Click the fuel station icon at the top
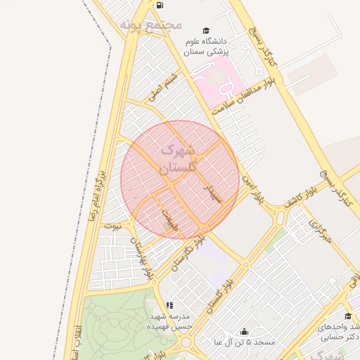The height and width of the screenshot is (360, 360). (x=160, y=5)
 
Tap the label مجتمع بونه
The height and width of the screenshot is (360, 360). (x=151, y=25)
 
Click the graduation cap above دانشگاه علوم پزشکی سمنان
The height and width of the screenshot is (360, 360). (x=206, y=31)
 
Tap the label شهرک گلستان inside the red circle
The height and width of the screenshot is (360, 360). (x=176, y=159)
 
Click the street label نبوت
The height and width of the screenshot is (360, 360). (x=112, y=226)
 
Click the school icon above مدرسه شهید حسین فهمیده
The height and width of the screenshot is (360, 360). (x=169, y=306)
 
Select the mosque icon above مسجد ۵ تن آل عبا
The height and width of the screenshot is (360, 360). (x=244, y=332)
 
